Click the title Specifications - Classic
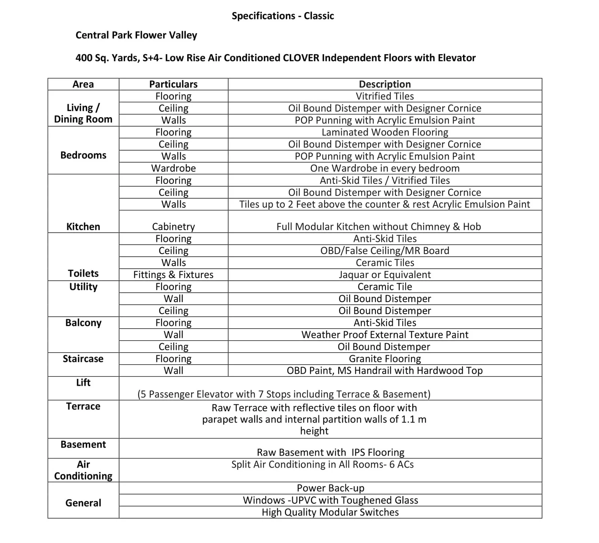[283, 16]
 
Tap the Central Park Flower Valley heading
[136, 35]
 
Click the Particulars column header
[173, 84]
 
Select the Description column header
[385, 84]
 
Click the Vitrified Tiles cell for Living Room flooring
[385, 96]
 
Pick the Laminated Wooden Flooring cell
[385, 132]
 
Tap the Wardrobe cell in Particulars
[173, 168]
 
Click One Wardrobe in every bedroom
[385, 168]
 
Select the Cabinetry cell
[173, 227]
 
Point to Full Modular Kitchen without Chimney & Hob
[378, 227]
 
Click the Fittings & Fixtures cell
[173, 275]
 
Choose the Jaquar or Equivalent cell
[385, 275]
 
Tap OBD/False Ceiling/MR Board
[385, 251]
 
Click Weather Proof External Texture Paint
[385, 335]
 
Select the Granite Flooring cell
[385, 359]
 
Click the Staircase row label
[83, 359]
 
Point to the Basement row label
[83, 444]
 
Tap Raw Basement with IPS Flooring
[331, 452]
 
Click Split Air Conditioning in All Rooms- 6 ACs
[322, 465]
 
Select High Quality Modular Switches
[330, 512]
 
